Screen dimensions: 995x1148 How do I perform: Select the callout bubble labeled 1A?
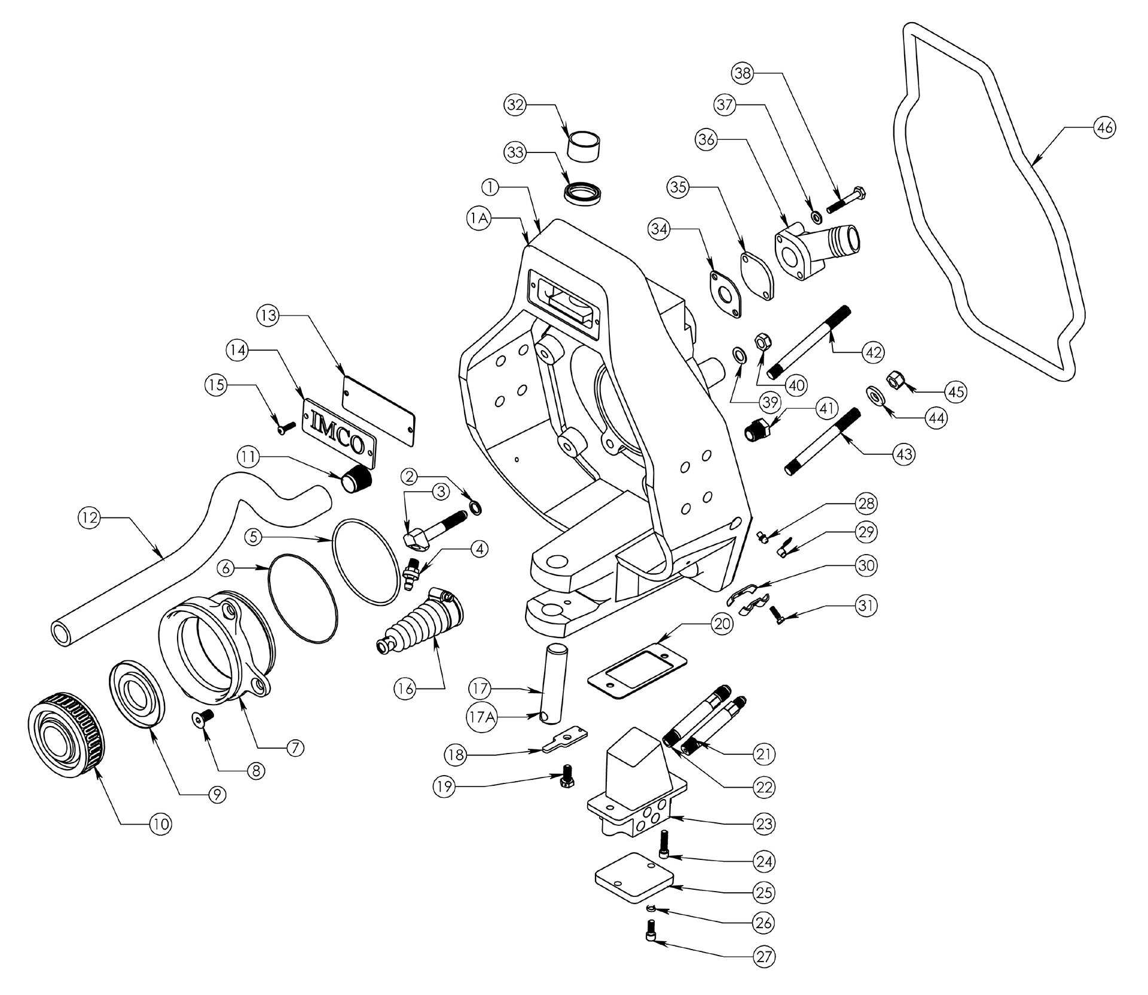pos(478,219)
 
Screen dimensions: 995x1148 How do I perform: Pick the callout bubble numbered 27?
pos(764,957)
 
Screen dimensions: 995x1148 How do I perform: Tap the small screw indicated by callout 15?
pos(286,426)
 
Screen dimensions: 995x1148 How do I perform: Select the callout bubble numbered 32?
pos(515,105)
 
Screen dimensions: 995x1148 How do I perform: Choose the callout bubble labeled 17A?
pos(483,716)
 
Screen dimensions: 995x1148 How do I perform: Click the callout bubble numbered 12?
pos(90,518)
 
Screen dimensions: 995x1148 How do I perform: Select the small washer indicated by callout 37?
pos(816,216)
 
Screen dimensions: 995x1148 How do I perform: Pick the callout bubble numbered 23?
pos(764,824)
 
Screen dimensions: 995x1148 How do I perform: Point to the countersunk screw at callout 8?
pos(205,716)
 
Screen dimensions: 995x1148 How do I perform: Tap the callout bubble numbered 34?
pos(659,228)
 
